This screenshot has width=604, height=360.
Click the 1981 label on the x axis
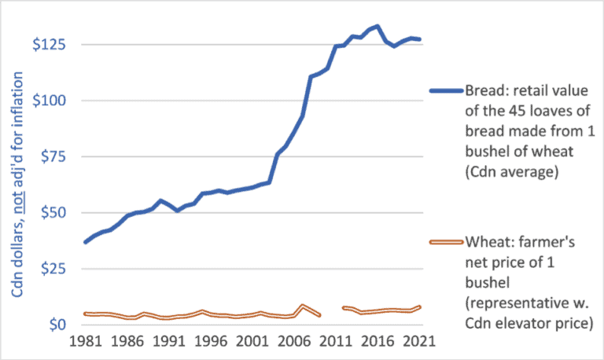click(x=85, y=343)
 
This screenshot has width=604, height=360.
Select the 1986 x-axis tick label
click(x=126, y=343)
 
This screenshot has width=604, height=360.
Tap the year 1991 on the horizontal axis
click(x=167, y=343)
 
